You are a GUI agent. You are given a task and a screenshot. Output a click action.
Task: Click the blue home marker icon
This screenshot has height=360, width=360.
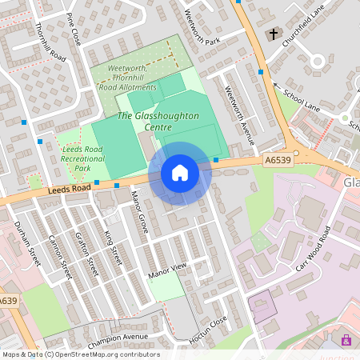180,173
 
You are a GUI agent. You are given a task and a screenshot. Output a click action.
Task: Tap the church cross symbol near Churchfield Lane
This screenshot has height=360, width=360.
274,34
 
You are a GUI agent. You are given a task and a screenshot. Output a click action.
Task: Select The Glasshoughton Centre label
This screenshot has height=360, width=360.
158,122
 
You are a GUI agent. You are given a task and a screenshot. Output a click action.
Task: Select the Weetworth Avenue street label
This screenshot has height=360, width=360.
238,114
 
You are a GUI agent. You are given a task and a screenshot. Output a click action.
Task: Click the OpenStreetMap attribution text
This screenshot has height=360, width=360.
80,354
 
